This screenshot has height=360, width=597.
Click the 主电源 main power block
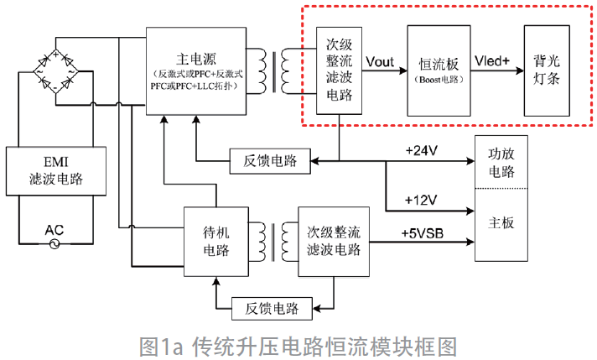tap(196, 71)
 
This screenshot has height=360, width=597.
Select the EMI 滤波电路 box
tap(55, 170)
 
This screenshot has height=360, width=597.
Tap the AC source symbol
tap(55, 243)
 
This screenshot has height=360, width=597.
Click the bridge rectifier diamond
tap(55, 72)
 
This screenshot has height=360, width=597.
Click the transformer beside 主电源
tap(278, 70)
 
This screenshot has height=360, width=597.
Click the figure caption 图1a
tap(298, 345)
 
